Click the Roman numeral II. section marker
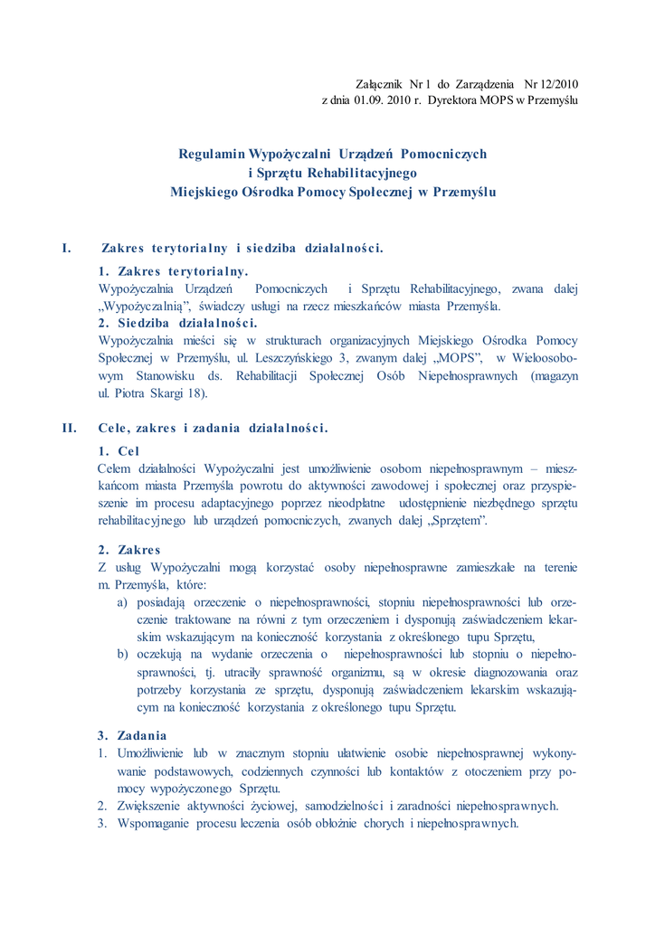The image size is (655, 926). coord(69,428)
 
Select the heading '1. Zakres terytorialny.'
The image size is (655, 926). coord(173,270)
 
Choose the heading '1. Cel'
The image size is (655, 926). coord(119,450)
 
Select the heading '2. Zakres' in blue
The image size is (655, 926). coord(128,550)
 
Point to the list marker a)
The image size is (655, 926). coord(121,602)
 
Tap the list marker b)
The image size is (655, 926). coord(121,654)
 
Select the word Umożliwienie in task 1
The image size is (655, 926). coord(149,752)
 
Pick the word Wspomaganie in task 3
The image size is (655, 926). coord(154,824)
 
